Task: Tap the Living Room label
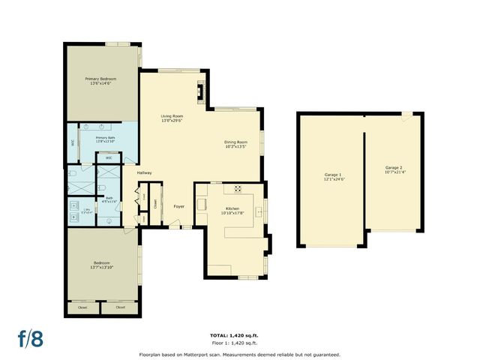pos(172,116)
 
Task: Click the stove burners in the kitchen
pos(238,189)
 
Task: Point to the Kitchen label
pos(232,208)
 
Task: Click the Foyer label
pos(178,206)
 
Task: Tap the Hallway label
pos(145,173)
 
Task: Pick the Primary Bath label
pos(105,138)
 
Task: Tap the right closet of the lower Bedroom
pos(119,307)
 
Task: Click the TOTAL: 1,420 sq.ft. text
pos(239,335)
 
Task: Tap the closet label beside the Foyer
pos(155,203)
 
